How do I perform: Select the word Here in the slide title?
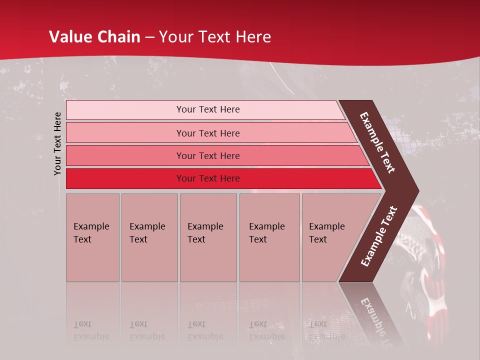pos(253,37)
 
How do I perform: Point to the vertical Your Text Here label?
pos(57,143)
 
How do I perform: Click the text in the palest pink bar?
pos(208,109)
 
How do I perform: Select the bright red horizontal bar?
pos(208,178)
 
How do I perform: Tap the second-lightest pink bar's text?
pos(208,133)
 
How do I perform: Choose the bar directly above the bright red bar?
pos(208,156)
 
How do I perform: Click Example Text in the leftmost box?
pos(91,233)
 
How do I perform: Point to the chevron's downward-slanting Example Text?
pos(377,143)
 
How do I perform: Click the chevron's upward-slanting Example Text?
pos(378,236)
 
